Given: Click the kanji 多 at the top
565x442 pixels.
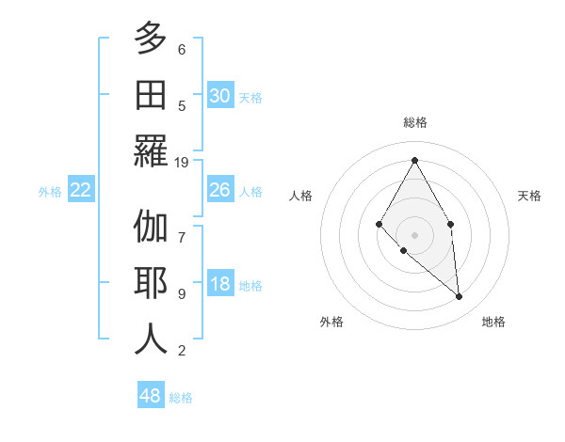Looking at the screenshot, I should click(151, 39).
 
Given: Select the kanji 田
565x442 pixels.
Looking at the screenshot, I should click(151, 95).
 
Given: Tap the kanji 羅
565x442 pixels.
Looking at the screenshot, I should click(151, 150).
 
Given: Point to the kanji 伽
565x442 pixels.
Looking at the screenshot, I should click(151, 227).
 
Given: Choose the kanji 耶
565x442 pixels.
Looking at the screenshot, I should click(151, 283).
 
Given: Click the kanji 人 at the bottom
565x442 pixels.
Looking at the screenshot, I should click(151, 339).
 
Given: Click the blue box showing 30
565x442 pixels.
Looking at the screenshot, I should click(220, 96).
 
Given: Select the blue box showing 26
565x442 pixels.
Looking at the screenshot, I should click(220, 190).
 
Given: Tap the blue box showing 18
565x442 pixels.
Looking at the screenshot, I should click(220, 285).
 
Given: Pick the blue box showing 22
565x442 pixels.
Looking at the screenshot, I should click(81, 190).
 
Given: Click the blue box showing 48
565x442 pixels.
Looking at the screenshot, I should click(151, 396).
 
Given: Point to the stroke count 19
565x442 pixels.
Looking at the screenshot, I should click(183, 162).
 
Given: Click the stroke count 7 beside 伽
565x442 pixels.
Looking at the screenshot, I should click(182, 228).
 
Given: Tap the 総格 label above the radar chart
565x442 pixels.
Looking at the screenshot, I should click(414, 122).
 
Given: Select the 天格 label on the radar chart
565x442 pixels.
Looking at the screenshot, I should click(529, 196).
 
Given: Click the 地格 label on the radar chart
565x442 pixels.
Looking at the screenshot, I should click(493, 322).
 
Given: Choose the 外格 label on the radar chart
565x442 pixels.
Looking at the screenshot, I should click(331, 322).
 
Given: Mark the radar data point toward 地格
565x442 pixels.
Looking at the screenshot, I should click(460, 297).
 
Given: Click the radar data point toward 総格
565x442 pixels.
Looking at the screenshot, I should click(414, 160).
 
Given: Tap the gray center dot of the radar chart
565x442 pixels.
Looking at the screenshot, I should click(414, 234).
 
